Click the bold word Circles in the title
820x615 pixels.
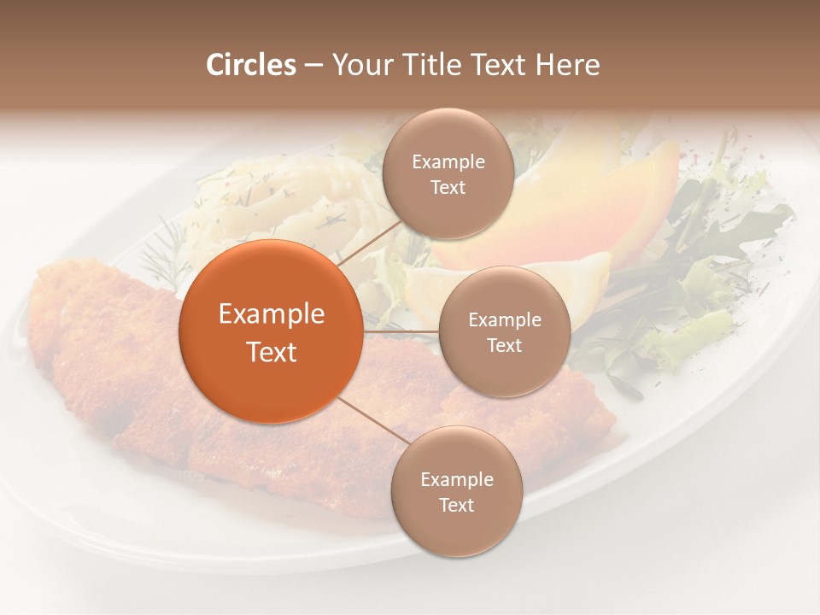coord(250,65)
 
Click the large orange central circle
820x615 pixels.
coord(271,331)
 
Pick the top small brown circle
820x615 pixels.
coord(448,173)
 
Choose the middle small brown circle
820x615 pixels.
coord(504,331)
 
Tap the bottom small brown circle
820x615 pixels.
coord(456,491)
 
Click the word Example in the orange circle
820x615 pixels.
coord(271,314)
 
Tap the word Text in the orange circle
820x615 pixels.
coord(271,352)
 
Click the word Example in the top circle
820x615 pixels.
coord(448,162)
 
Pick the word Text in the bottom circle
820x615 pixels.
coord(456,505)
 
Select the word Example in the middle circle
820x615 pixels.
coord(504,320)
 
